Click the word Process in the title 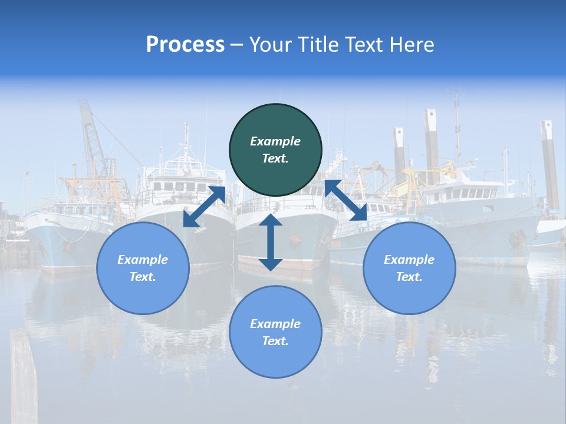(185, 45)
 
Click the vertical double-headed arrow (271, 242)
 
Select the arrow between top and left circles (204, 207)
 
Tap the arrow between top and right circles (345, 201)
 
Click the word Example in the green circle (275, 141)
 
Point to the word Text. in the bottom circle (275, 341)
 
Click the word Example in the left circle (143, 260)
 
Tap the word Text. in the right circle (409, 277)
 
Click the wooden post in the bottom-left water (24, 377)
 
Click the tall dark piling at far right (550, 165)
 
